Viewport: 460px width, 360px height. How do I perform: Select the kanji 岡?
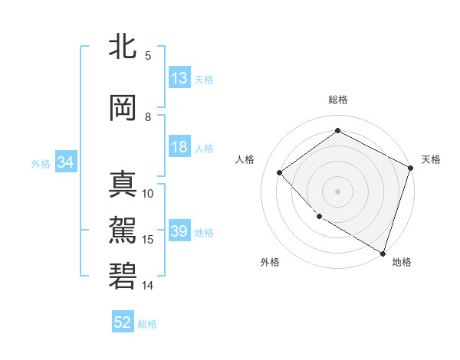click(x=123, y=109)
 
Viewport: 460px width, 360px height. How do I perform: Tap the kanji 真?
click(x=123, y=185)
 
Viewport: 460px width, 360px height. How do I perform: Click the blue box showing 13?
click(x=179, y=78)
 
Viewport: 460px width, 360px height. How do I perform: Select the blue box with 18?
click(x=179, y=148)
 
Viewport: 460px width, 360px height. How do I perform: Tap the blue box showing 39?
click(x=179, y=231)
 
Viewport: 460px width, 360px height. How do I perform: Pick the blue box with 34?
click(x=65, y=162)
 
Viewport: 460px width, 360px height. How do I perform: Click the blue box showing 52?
click(x=123, y=322)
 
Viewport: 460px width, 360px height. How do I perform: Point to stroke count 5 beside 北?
click(x=149, y=56)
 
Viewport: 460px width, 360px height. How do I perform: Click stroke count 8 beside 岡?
click(x=149, y=117)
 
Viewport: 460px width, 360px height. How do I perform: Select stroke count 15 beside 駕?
click(x=149, y=240)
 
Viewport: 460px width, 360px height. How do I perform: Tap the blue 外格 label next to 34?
click(x=40, y=163)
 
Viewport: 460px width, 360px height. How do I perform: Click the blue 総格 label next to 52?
click(x=147, y=323)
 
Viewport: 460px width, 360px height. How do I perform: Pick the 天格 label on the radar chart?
click(x=431, y=159)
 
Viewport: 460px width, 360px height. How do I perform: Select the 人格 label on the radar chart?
click(x=245, y=159)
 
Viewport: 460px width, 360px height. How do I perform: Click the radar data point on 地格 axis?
click(x=383, y=252)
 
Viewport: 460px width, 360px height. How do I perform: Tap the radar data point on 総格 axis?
click(x=337, y=131)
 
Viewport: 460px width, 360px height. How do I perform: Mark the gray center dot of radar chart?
click(x=337, y=191)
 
